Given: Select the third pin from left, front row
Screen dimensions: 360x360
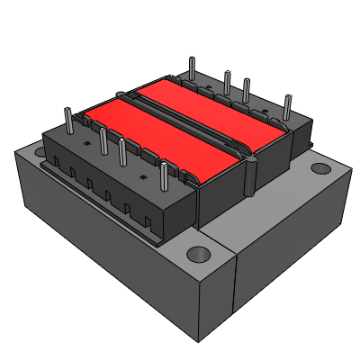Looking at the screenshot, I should [122, 153].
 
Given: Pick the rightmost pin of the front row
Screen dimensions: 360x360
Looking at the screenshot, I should [165, 176].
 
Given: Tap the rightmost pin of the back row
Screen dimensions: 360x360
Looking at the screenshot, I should [288, 105].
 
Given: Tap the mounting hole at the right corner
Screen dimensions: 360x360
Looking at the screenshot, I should [319, 168].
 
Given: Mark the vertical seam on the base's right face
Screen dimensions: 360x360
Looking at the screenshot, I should [235, 288].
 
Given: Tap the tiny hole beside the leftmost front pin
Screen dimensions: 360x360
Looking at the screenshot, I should [83, 142].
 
